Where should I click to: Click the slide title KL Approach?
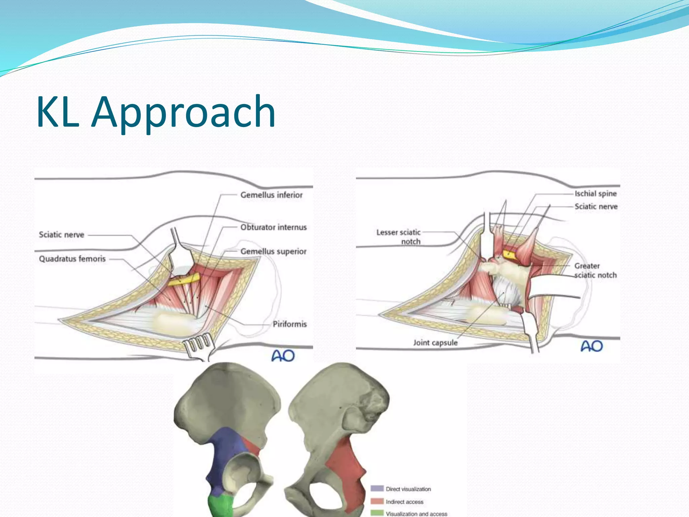(156, 112)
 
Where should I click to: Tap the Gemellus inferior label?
(271, 195)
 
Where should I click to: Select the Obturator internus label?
(273, 227)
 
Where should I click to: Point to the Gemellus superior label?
(273, 251)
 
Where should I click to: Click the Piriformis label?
(290, 324)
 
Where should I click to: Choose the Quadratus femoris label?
(72, 259)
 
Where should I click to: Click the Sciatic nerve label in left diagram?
(61, 235)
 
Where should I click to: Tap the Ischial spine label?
(595, 194)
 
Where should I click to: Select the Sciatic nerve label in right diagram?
(596, 206)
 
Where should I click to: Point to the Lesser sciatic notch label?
(399, 237)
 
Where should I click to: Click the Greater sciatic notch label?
(595, 271)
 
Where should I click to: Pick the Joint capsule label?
(435, 343)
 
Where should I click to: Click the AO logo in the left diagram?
(283, 356)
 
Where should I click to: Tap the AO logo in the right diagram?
(592, 346)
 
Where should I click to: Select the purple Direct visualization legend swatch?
(377, 488)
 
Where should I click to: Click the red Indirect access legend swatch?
(377, 501)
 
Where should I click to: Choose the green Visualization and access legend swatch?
(377, 513)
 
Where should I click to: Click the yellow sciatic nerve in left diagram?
(184, 279)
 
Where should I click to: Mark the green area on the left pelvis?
(220, 505)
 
